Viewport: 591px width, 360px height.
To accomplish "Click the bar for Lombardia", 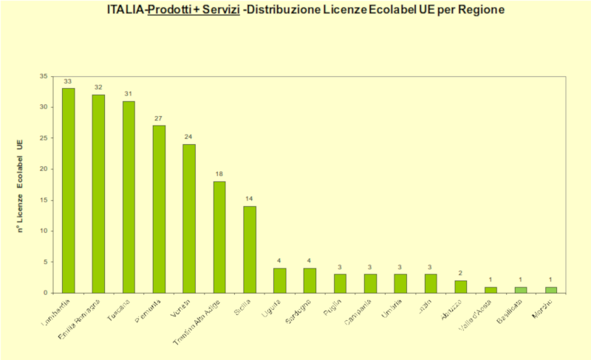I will [x=68, y=190].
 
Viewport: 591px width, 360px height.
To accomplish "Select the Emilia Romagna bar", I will [x=98, y=193].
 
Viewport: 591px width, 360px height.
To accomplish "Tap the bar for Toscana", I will [x=129, y=197].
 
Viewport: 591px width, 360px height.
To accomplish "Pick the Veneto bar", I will [x=189, y=218].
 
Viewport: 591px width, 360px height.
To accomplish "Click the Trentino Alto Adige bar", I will [x=219, y=237].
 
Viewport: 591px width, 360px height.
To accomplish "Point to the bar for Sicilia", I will [x=250, y=249].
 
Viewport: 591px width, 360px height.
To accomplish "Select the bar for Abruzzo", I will [x=461, y=286].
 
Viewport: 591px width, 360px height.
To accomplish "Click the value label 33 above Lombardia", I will [x=68, y=81].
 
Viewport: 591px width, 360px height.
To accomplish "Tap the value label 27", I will [x=159, y=118].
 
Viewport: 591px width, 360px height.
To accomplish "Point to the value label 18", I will [x=219, y=174].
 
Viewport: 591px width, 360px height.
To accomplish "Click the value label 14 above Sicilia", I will [x=250, y=199].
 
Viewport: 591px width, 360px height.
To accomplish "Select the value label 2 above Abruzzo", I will [x=461, y=273].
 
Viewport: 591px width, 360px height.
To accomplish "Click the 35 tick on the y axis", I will [x=44, y=76].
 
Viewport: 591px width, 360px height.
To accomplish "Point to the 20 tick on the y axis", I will [x=44, y=169].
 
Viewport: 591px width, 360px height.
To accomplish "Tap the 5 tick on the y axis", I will [x=45, y=262].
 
